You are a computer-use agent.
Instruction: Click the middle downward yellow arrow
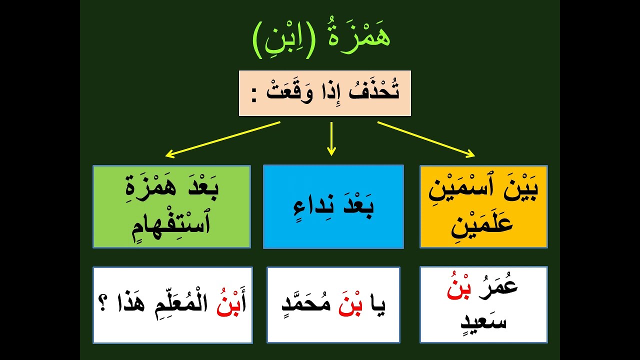(x=330, y=138)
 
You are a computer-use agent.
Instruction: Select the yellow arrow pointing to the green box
(x=222, y=139)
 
